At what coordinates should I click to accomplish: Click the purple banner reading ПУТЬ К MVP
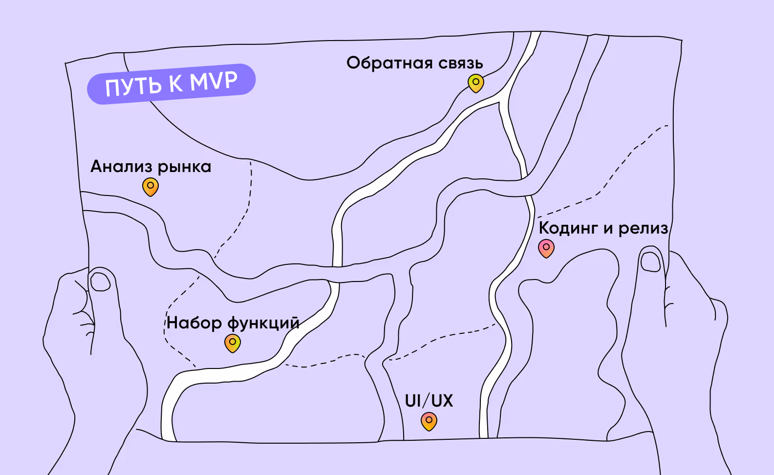pyautogui.click(x=171, y=84)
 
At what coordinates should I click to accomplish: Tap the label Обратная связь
pyautogui.click(x=414, y=63)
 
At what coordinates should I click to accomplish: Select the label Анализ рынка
pyautogui.click(x=150, y=167)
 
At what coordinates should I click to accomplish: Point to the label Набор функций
pyautogui.click(x=233, y=323)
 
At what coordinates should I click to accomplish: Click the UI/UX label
pyautogui.click(x=429, y=401)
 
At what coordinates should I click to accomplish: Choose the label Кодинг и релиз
pyautogui.click(x=603, y=228)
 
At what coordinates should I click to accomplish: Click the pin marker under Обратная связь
pyautogui.click(x=475, y=83)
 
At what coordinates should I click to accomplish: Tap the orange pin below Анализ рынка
pyautogui.click(x=150, y=186)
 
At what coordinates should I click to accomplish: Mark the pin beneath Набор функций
pyautogui.click(x=233, y=343)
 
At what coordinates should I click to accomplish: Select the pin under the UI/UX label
pyautogui.click(x=429, y=421)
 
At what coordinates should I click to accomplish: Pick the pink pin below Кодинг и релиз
pyautogui.click(x=546, y=248)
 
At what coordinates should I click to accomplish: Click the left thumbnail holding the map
pyautogui.click(x=101, y=281)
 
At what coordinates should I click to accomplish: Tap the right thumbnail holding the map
pyautogui.click(x=650, y=261)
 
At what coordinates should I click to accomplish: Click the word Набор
pyautogui.click(x=194, y=323)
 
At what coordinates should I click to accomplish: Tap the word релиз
pyautogui.click(x=643, y=228)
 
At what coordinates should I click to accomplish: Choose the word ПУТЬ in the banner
pyautogui.click(x=133, y=86)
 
